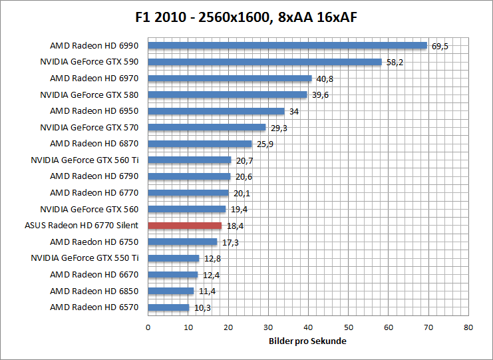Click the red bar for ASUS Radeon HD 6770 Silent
click(184, 226)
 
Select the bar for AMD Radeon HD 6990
click(287, 46)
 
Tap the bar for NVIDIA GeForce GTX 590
click(264, 62)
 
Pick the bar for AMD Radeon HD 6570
click(168, 307)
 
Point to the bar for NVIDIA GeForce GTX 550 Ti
click(173, 258)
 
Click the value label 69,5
click(440, 47)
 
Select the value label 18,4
click(235, 226)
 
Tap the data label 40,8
click(325, 79)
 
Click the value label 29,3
click(279, 128)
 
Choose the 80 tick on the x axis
click(468, 327)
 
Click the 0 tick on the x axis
click(148, 327)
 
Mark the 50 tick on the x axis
click(348, 327)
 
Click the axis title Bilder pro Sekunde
click(308, 341)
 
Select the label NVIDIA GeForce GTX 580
click(89, 94)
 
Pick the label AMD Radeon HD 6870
click(94, 144)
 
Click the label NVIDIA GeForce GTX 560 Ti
click(84, 160)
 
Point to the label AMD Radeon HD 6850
click(94, 291)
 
